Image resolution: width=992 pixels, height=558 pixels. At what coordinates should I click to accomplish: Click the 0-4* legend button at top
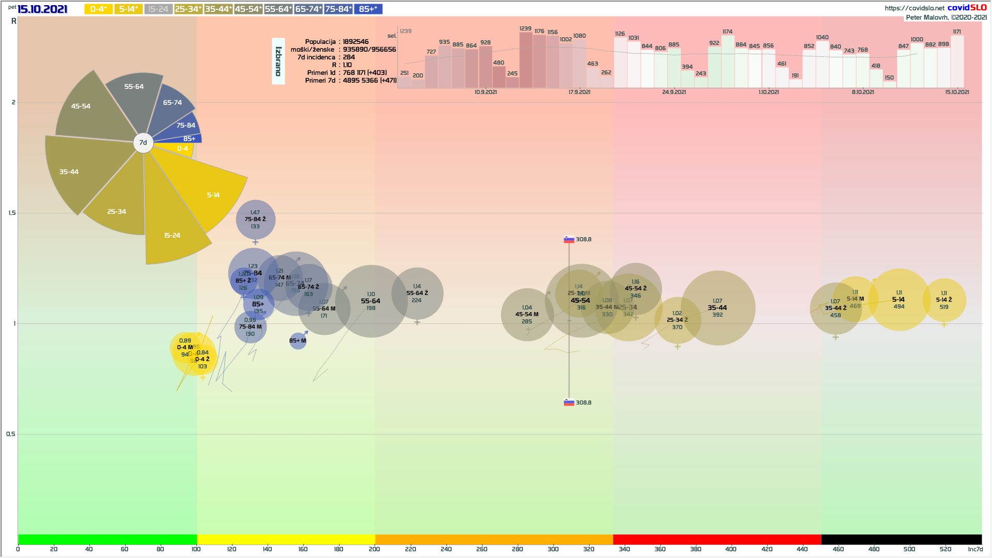point(98,9)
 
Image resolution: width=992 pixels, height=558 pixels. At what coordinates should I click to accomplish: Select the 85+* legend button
point(368,9)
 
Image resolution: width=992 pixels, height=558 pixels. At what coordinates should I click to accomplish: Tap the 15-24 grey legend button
point(158,9)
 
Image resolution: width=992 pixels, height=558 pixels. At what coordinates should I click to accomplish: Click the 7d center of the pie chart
point(143,143)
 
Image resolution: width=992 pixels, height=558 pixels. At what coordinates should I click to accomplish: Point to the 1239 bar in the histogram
point(525,59)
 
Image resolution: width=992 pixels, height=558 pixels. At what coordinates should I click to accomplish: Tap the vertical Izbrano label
point(278,61)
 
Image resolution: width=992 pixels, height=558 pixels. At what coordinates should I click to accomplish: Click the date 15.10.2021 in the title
point(42,9)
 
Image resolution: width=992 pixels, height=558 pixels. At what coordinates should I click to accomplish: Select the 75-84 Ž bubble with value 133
point(255,220)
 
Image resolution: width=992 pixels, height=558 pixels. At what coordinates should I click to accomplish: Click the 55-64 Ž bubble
point(417,293)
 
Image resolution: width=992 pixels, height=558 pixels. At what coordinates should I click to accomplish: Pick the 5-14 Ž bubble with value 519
point(944,300)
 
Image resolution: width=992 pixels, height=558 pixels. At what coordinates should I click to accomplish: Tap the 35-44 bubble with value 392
point(718,308)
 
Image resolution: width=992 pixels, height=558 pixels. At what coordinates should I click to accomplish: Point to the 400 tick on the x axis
point(731,549)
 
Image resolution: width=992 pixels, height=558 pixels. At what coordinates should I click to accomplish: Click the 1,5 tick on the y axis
point(12,213)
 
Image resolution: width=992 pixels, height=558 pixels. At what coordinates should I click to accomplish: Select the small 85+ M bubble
point(298,340)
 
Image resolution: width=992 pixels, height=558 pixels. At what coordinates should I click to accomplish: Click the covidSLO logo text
point(967,8)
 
